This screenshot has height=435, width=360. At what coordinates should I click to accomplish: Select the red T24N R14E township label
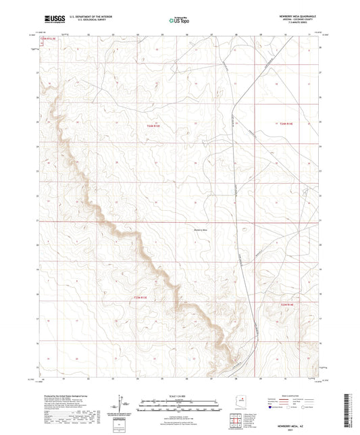[288, 124]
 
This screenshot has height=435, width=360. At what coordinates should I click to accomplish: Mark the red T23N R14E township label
[288, 305]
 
